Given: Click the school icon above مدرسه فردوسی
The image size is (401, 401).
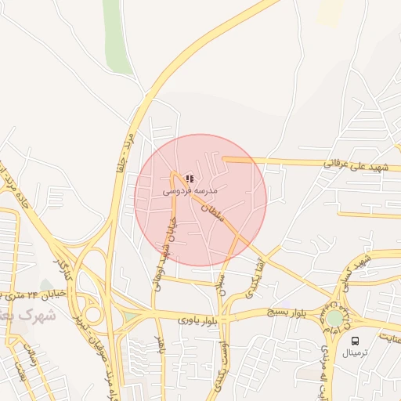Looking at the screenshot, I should point(190,179).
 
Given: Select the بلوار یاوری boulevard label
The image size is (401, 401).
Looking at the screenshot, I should point(194,319).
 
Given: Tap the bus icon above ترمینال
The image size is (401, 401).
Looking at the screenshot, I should point(356,341).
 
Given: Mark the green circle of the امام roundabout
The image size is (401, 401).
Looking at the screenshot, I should point(335,319).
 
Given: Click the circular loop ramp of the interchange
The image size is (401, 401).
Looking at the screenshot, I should point(92,315).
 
